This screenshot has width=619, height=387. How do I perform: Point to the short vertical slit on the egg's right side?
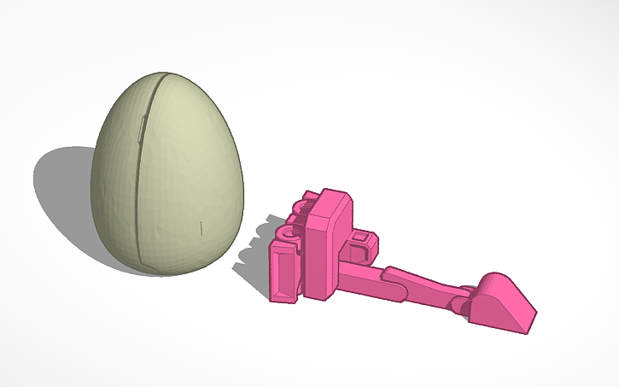(201, 227)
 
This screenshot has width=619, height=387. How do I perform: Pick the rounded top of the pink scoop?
(495, 282)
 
